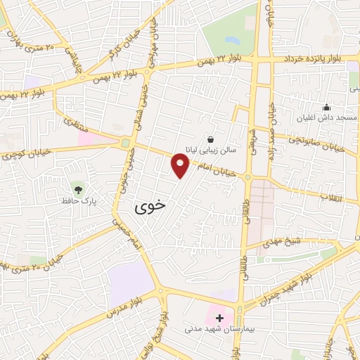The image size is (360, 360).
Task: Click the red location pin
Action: coord(180,166)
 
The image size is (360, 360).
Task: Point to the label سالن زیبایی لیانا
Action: coord(212,150)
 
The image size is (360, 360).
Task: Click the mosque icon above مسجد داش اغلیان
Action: coord(326,108)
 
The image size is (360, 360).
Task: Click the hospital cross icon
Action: coord(220,318)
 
